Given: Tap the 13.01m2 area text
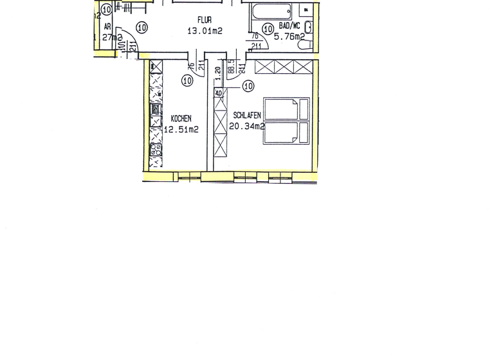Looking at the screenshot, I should (205, 30).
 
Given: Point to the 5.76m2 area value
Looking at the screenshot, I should (289, 37).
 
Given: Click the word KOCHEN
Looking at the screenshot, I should (181, 119).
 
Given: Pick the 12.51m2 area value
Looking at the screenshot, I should (181, 129).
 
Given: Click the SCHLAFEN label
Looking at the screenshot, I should (247, 115).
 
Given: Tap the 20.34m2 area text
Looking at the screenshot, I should (247, 126).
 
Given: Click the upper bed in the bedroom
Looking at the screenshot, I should (287, 109).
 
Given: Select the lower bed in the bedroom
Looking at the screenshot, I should (287, 133).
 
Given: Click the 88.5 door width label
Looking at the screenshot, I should (230, 69).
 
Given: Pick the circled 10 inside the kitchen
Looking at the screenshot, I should (187, 80).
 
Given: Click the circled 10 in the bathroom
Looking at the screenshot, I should (268, 28).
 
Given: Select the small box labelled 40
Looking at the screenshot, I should (219, 93).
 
